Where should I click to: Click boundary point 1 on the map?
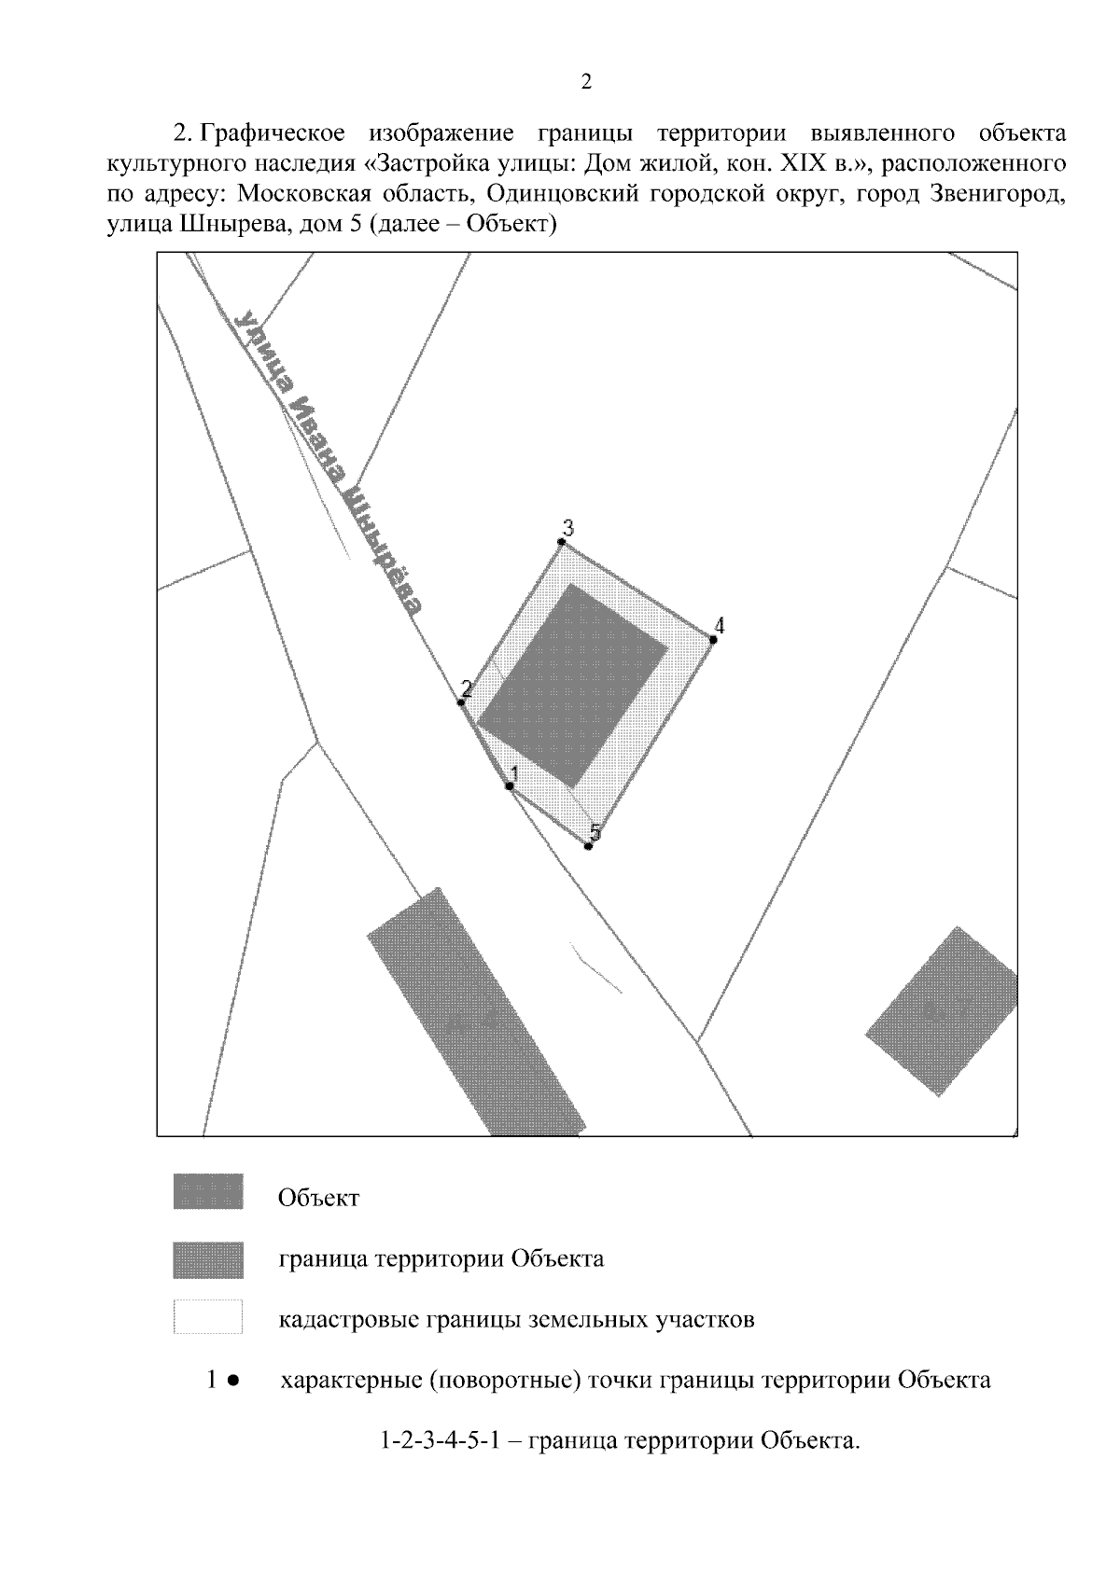click(510, 785)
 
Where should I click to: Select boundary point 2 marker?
click(460, 702)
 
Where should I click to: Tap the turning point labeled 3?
click(562, 542)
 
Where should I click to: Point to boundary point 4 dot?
click(713, 640)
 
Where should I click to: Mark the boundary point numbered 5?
click(588, 846)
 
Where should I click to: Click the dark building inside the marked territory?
click(572, 686)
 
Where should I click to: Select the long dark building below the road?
click(476, 1013)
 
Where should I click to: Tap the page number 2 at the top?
click(586, 83)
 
